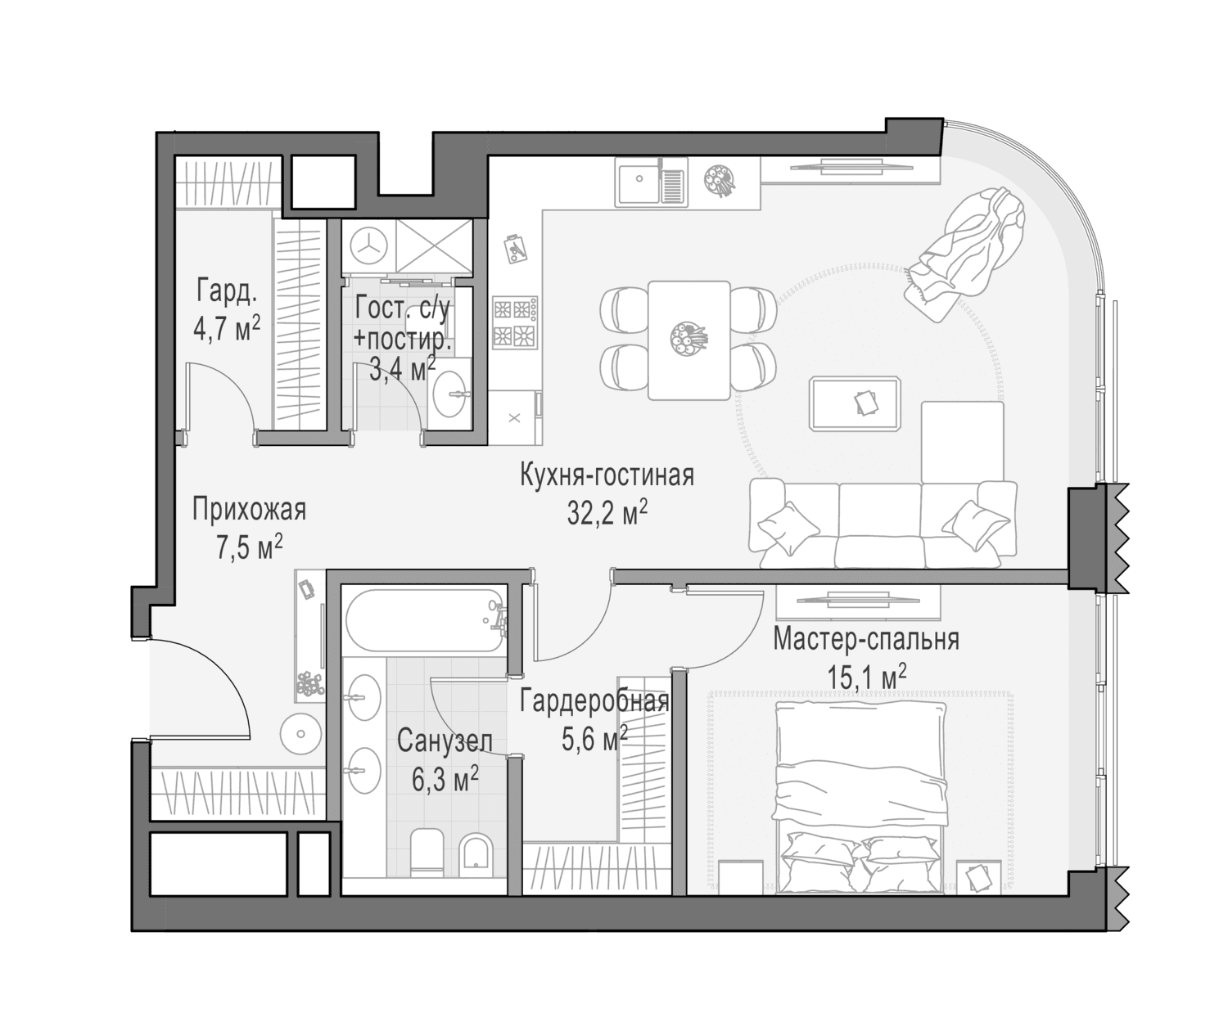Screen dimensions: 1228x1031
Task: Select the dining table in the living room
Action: click(x=688, y=340)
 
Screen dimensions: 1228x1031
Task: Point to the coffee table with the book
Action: click(x=855, y=403)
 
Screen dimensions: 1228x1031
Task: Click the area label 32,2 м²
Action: click(x=607, y=512)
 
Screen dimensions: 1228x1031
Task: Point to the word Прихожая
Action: click(x=250, y=509)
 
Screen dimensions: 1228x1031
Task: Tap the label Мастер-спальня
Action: click(x=865, y=639)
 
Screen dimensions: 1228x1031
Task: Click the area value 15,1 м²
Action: click(x=867, y=678)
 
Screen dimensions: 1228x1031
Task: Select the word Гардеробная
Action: click(x=594, y=701)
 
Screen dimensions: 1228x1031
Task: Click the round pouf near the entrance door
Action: click(x=300, y=734)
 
